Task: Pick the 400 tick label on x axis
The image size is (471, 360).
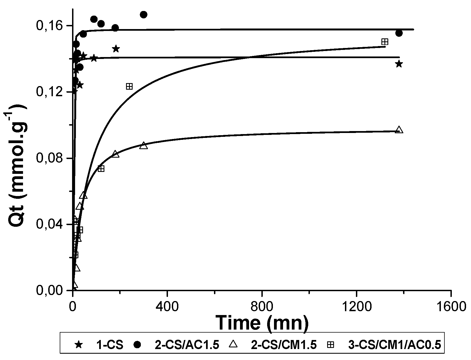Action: pos(167,307)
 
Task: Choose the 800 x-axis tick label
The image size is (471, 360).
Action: pos(262,307)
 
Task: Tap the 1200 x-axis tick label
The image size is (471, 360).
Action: pos(356,307)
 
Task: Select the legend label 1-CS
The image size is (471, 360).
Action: pos(110,345)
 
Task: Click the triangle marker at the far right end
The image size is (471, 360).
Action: pos(399,130)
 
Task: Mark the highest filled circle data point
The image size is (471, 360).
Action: pos(144,15)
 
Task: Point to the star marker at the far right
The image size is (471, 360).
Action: pos(399,64)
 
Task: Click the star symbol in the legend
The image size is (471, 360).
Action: pos(79,345)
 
